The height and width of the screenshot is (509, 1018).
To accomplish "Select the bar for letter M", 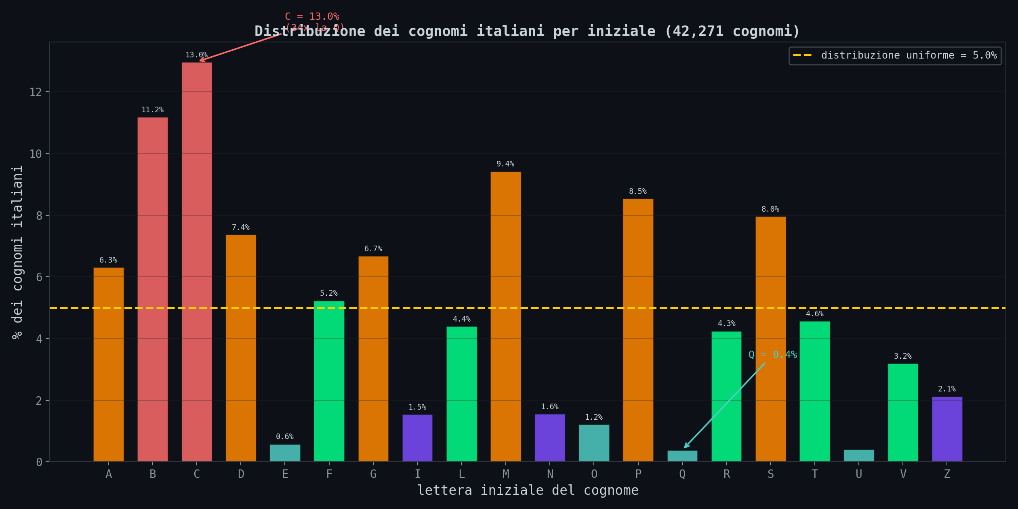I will point(505,317).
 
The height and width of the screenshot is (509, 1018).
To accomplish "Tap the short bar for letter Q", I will point(682,456).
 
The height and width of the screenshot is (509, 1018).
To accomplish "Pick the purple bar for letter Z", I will point(947,429).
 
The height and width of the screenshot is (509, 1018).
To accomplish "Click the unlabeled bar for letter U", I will point(859,456).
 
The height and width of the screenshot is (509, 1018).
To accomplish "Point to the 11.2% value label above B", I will point(152,110).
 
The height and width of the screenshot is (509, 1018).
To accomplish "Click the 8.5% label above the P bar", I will point(637,191).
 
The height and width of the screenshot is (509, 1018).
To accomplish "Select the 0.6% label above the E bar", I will point(285,437).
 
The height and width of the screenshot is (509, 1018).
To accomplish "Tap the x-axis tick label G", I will point(373,474).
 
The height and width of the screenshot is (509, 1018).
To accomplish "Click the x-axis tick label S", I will point(770,474).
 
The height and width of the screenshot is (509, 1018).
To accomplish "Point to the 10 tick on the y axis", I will point(36,154).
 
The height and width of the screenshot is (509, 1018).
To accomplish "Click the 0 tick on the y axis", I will point(39,462).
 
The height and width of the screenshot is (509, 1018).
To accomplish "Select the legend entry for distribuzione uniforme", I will point(895,55).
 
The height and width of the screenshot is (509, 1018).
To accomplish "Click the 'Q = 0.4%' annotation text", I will point(772,355).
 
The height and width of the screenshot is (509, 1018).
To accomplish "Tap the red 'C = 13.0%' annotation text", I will point(312,17).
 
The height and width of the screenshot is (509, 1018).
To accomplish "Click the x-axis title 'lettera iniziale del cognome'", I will point(528,490).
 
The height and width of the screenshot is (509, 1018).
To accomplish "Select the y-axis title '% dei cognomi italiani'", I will point(17,252).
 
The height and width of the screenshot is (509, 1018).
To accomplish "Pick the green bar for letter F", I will point(329,381).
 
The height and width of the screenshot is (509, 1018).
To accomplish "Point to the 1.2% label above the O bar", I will point(594,417).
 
